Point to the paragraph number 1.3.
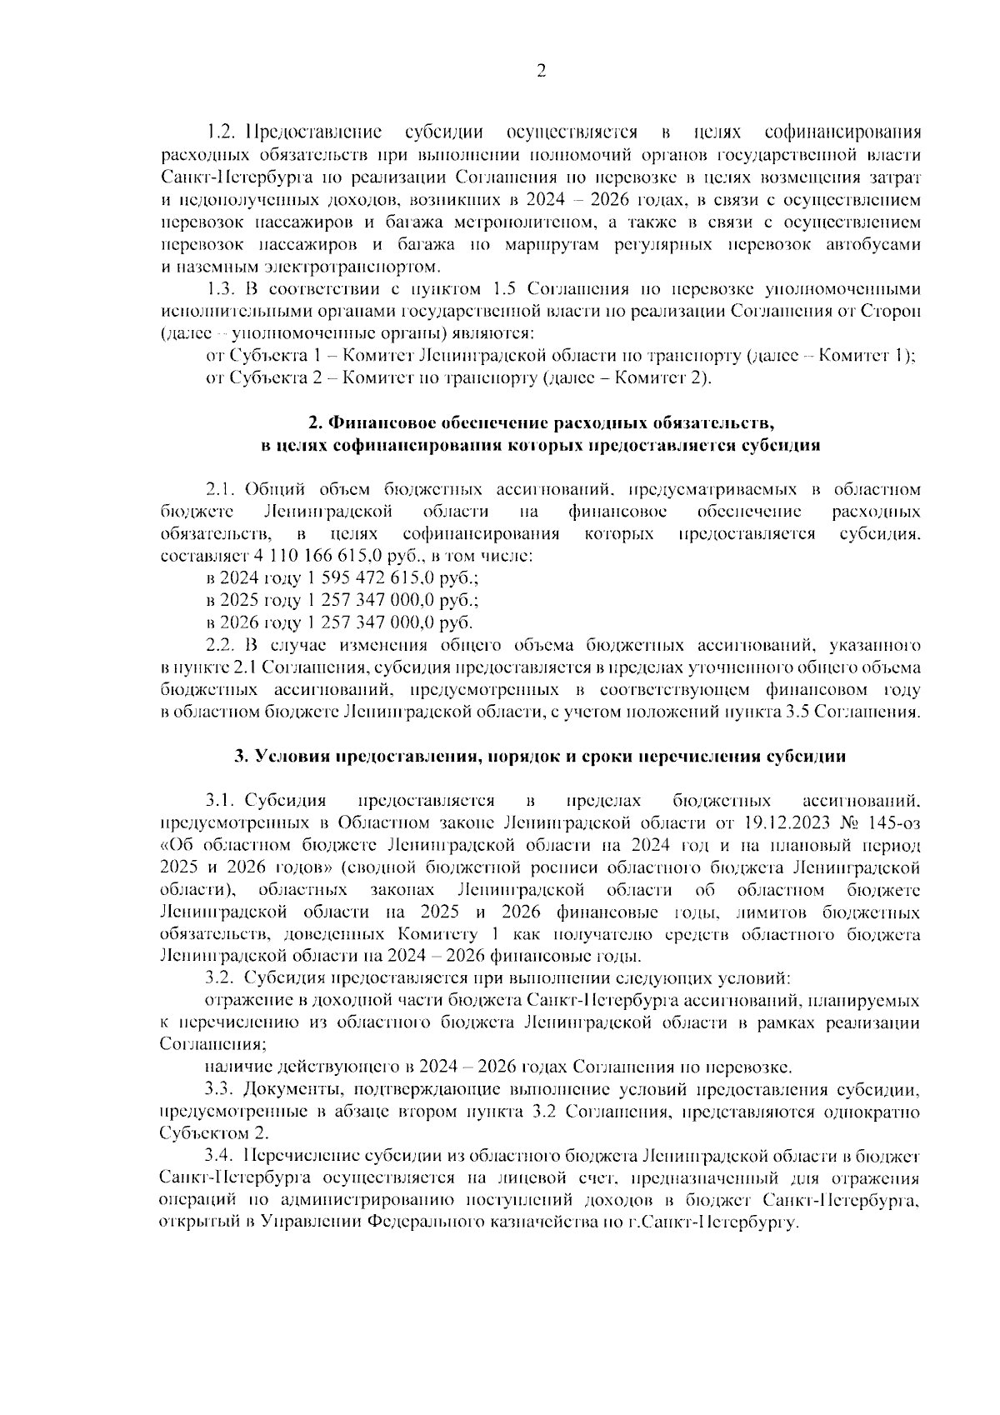point(222,289)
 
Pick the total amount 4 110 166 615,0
point(310,556)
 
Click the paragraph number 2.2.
point(222,645)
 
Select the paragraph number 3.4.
point(222,1157)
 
